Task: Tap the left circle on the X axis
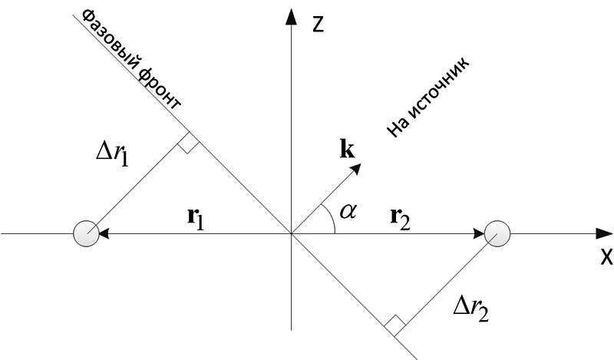[x=86, y=233]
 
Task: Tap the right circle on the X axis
[x=497, y=233]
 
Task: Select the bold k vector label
[x=347, y=148]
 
